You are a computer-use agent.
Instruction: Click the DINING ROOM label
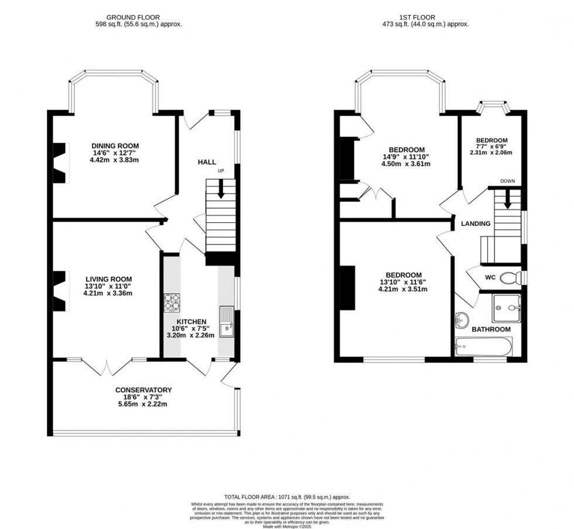[115, 145]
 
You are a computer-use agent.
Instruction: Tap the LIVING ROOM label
[108, 279]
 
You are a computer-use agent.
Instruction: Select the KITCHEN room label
[192, 321]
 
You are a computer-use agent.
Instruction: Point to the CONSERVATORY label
[143, 390]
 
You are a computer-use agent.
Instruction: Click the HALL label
[206, 162]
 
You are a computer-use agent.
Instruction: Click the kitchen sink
[226, 322]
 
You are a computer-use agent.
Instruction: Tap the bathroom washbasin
[462, 320]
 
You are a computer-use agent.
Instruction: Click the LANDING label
[475, 224]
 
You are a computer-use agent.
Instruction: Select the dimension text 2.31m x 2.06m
[491, 153]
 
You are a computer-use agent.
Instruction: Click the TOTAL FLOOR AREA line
[286, 497]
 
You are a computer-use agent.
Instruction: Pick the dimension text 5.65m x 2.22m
[143, 403]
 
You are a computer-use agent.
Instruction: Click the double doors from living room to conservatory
[107, 367]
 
